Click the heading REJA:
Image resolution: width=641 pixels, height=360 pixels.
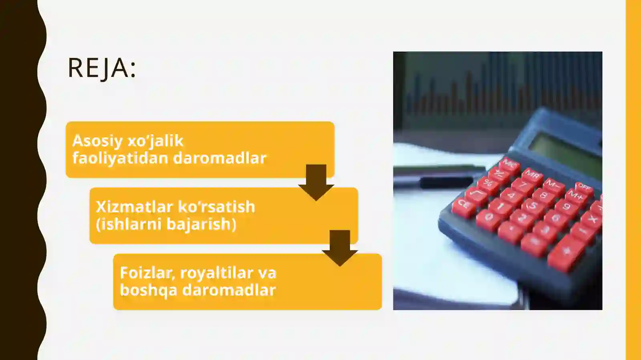[102, 68]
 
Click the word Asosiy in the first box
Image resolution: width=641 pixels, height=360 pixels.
[97, 141]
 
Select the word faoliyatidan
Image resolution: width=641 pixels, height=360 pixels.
[120, 158]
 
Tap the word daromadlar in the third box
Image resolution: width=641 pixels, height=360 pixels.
[229, 290]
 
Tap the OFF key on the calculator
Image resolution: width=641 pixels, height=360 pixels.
[584, 187]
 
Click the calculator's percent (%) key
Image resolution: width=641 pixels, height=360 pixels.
[488, 183]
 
